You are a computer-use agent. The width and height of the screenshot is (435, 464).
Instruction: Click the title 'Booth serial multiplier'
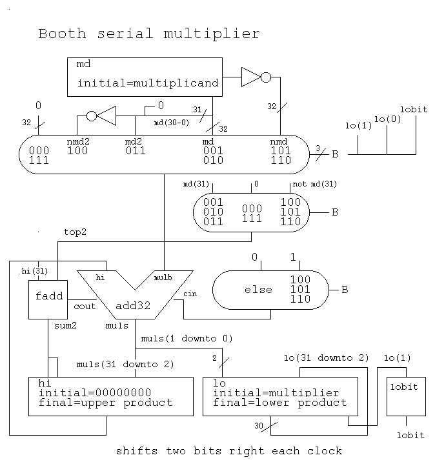(x=148, y=34)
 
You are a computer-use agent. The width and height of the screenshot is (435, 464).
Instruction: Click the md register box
(x=145, y=77)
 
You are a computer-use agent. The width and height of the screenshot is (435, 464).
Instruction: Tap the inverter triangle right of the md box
(x=250, y=77)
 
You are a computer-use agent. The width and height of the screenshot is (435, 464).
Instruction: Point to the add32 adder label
(x=133, y=305)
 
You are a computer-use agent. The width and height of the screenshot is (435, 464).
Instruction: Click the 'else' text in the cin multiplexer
(x=259, y=290)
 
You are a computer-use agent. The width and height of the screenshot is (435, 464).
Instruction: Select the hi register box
(x=112, y=397)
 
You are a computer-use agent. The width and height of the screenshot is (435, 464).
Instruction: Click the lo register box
(x=280, y=397)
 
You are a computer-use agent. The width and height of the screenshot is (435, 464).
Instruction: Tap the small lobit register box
(x=405, y=396)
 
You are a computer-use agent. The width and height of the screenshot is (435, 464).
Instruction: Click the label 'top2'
(x=75, y=232)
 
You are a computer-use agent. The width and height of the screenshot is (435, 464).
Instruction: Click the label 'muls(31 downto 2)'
(x=125, y=365)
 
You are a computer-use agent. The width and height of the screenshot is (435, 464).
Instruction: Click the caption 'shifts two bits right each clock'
(x=229, y=450)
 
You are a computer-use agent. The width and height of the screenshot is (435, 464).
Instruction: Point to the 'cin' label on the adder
(x=190, y=294)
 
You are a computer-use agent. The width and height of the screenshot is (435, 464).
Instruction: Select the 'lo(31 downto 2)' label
(x=327, y=358)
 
